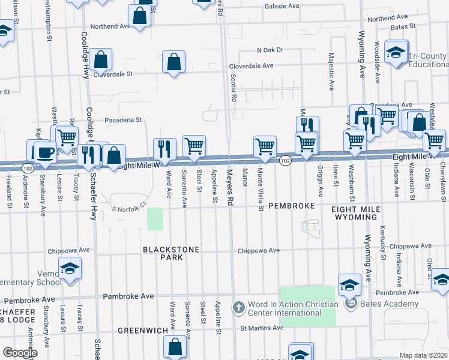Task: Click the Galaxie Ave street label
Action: click(x=282, y=6)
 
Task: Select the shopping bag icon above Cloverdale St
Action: click(x=102, y=59)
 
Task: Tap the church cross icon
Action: click(x=238, y=307)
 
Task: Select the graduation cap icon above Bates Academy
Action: click(x=349, y=284)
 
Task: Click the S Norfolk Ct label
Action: click(x=130, y=207)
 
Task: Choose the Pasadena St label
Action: click(x=123, y=120)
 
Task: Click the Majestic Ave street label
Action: click(x=331, y=71)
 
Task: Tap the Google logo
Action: click(x=20, y=353)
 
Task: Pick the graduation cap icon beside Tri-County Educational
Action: click(x=396, y=52)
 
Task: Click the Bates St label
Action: click(x=403, y=27)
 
